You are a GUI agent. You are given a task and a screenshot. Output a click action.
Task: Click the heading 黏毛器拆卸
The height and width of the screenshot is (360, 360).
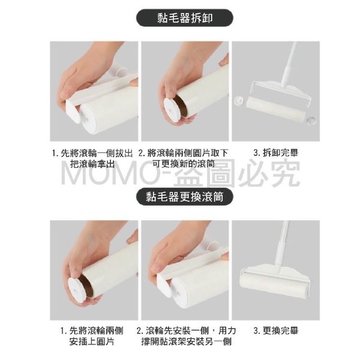tap(185, 18)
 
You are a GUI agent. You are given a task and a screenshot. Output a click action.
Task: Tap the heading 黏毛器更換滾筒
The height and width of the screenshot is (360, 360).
tap(185, 197)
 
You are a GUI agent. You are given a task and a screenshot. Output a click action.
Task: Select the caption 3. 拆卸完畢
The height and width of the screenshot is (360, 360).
tap(276, 153)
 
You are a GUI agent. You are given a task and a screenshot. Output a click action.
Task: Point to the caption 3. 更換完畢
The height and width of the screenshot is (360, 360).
tap(276, 331)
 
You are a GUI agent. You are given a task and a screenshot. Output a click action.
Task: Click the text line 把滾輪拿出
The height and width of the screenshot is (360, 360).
tap(92, 164)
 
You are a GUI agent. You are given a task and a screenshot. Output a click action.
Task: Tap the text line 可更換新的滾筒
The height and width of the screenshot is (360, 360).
tap(184, 164)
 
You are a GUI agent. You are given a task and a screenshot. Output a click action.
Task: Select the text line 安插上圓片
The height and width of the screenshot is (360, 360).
tap(92, 342)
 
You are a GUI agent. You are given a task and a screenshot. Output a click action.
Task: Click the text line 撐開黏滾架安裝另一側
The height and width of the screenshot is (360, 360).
tap(186, 342)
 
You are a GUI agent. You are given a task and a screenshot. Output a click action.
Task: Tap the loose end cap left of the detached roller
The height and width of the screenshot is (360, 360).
tap(239, 101)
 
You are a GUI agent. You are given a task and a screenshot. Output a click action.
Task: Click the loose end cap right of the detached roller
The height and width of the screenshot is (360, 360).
tap(311, 121)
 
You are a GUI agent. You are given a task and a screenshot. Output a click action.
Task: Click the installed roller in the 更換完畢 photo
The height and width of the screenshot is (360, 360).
tap(274, 286)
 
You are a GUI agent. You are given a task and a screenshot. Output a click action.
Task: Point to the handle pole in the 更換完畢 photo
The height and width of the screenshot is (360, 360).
tap(281, 245)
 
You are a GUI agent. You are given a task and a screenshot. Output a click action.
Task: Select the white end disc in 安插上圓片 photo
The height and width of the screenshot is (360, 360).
tap(77, 288)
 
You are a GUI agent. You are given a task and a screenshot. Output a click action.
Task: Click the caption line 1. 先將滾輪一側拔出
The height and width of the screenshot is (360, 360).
tap(92, 153)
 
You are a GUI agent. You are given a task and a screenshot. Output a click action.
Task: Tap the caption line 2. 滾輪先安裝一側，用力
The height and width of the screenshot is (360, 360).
tap(186, 331)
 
